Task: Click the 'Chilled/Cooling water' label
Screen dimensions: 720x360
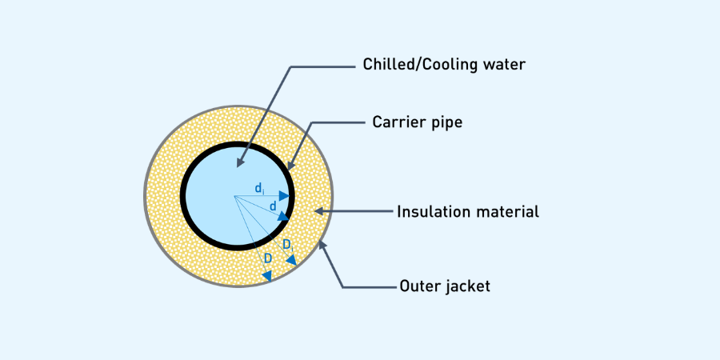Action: click(x=444, y=65)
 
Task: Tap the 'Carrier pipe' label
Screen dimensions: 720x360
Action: click(x=418, y=122)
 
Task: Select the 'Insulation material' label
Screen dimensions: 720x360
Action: click(x=468, y=212)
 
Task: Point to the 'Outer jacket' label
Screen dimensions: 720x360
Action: click(x=445, y=286)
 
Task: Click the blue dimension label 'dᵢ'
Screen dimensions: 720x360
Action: click(x=260, y=188)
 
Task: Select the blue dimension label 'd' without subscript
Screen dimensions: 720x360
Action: click(x=274, y=206)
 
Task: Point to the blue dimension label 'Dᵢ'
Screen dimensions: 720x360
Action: click(x=288, y=246)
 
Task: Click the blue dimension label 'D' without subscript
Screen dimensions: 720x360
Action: click(x=268, y=258)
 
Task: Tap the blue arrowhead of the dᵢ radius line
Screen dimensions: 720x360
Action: click(x=285, y=196)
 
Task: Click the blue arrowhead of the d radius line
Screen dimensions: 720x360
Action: click(x=283, y=216)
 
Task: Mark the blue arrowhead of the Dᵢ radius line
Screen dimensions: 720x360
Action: click(x=291, y=261)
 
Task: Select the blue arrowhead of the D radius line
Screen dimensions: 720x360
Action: click(x=267, y=276)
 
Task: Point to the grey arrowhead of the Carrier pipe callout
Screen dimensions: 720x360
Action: click(x=290, y=166)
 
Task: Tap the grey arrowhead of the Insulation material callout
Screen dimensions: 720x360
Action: click(x=319, y=211)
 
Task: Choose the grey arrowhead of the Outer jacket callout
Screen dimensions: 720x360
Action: click(x=322, y=245)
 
